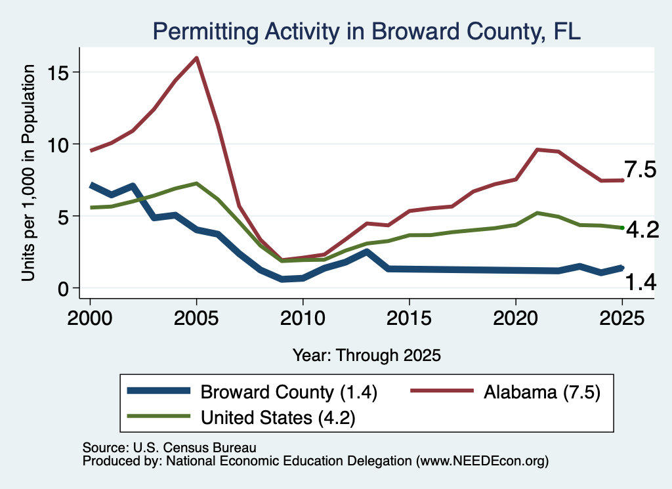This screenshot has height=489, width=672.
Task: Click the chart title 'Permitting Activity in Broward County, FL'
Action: pyautogui.click(x=366, y=32)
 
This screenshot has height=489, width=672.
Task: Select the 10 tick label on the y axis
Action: pyautogui.click(x=58, y=145)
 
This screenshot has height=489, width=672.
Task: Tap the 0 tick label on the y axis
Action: pyautogui.click(x=64, y=289)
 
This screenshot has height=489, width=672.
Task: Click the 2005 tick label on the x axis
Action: pyautogui.click(x=196, y=318)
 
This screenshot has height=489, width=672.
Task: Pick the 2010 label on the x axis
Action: pyautogui.click(x=303, y=318)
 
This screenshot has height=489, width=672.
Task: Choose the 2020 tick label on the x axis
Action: pyautogui.click(x=516, y=318)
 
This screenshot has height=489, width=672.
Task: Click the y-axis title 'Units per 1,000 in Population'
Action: pyautogui.click(x=28, y=173)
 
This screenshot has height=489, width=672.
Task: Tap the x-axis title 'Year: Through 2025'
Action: pyautogui.click(x=366, y=355)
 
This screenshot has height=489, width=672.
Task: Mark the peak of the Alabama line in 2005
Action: pyautogui.click(x=196, y=58)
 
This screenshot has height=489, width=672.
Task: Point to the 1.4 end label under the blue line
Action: pyautogui.click(x=640, y=282)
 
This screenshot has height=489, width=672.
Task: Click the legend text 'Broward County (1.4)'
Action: pyautogui.click(x=289, y=392)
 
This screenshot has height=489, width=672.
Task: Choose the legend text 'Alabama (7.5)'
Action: pyautogui.click(x=542, y=392)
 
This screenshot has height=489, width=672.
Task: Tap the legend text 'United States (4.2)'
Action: pyautogui.click(x=278, y=417)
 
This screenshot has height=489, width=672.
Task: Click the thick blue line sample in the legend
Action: pyautogui.click(x=159, y=391)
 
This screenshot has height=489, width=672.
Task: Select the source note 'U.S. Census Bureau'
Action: pyautogui.click(x=194, y=448)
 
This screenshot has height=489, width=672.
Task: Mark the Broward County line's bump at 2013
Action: pyautogui.click(x=366, y=252)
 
